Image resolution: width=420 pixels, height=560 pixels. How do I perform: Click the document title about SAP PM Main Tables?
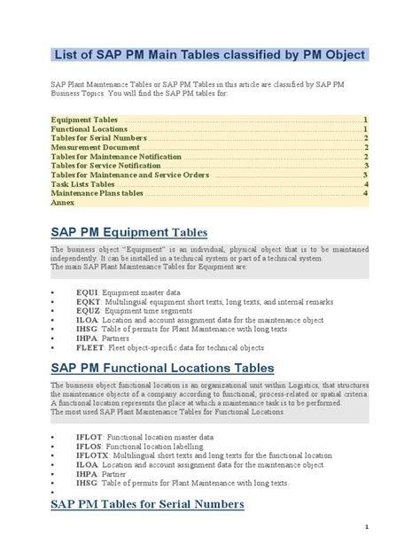coord(209,55)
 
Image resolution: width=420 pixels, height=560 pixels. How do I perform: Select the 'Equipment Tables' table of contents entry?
coord(84,119)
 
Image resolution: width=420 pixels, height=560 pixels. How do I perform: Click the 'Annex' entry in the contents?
coord(62,202)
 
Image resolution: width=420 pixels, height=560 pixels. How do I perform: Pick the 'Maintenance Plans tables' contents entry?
coord(97,192)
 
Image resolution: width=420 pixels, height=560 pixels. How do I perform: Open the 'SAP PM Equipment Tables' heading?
coord(128,232)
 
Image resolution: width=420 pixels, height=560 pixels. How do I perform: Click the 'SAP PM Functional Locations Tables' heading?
coord(162,367)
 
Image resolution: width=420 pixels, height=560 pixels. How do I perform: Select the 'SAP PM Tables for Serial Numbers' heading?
coord(147,504)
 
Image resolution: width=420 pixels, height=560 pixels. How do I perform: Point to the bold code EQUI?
coord(88,292)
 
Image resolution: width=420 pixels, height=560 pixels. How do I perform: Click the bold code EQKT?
coord(89,301)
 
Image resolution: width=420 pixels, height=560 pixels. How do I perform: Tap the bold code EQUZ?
coord(89,310)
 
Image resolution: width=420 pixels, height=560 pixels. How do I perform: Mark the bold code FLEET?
coord(91,347)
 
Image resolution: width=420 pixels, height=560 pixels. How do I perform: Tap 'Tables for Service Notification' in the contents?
coord(105,165)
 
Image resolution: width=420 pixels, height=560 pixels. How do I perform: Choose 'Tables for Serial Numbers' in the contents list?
coord(98,137)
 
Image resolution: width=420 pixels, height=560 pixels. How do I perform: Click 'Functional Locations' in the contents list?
coord(89,128)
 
